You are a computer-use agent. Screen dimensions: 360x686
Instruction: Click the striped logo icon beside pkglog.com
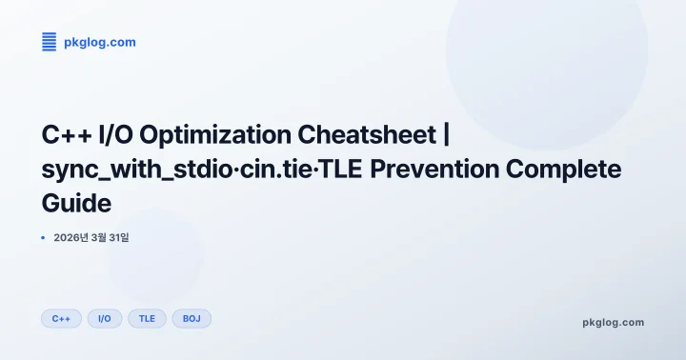click(x=50, y=41)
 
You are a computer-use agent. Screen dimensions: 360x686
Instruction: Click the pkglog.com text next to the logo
click(x=100, y=42)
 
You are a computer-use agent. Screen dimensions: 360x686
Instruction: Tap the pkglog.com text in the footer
click(x=613, y=322)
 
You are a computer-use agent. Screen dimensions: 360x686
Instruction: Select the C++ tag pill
click(x=61, y=319)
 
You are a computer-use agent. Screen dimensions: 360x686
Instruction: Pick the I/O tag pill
click(x=105, y=319)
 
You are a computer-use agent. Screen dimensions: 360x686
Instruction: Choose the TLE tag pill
click(x=147, y=319)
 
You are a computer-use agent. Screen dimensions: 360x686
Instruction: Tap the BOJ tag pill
click(x=192, y=319)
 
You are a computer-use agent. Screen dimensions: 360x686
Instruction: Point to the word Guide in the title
click(x=76, y=203)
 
